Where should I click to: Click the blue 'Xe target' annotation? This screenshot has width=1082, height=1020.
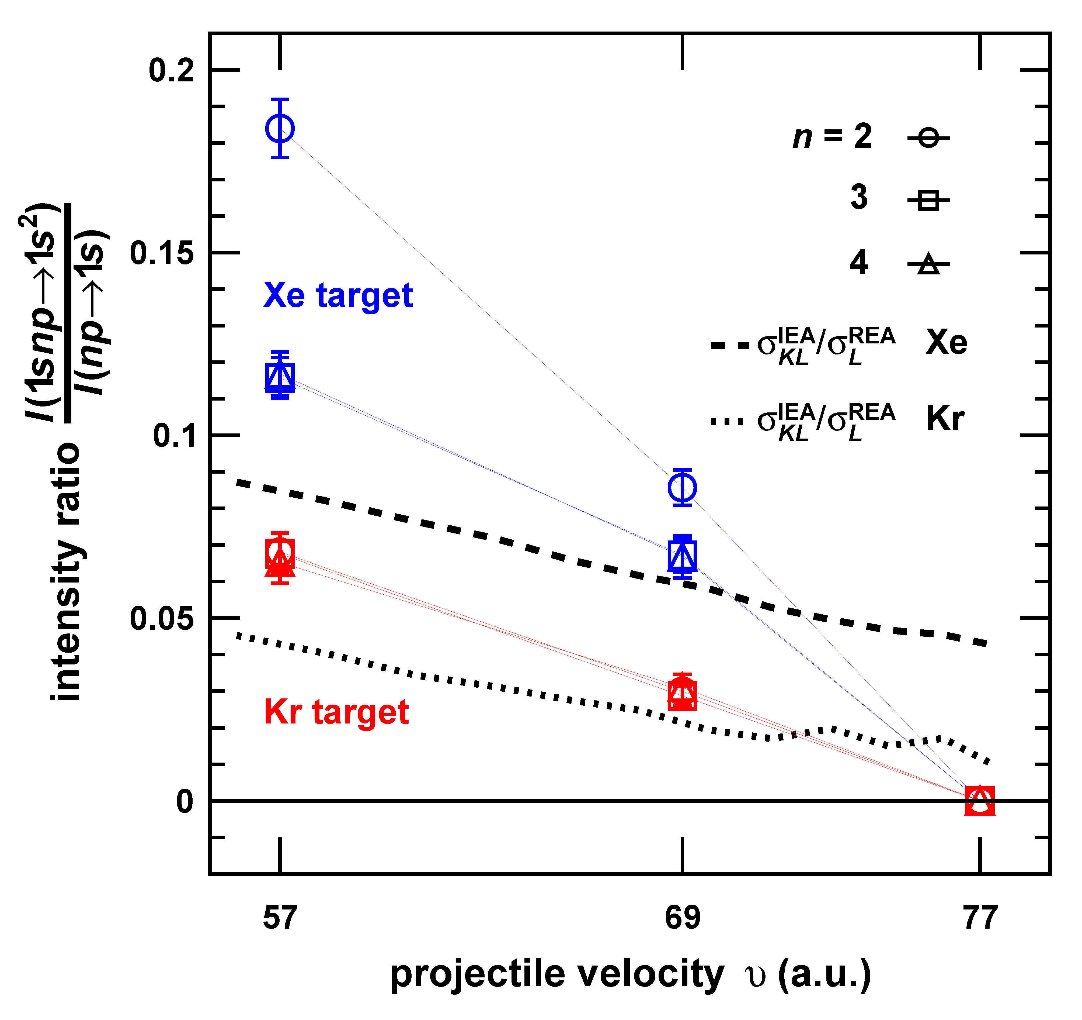(338, 296)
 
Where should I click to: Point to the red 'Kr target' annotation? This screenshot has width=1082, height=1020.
(336, 712)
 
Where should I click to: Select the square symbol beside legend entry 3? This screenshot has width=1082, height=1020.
(928, 200)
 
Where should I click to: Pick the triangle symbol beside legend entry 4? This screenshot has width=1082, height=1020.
(928, 264)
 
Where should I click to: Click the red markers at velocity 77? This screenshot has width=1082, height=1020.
(980, 801)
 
